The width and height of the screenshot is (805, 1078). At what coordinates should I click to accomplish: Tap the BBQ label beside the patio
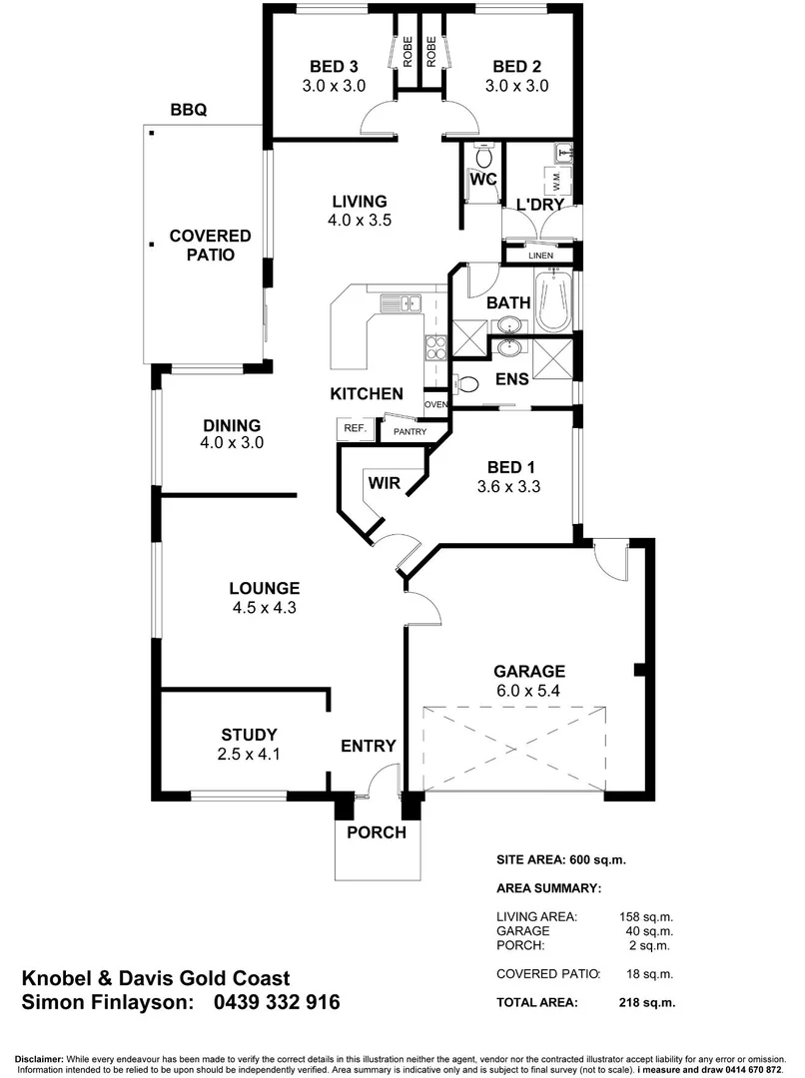pos(188,111)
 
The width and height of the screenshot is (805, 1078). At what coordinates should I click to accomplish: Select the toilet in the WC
pos(484,158)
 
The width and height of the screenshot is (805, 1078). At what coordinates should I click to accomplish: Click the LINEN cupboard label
pos(540,256)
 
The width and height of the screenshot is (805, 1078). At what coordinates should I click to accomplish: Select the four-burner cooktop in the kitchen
pos(436,348)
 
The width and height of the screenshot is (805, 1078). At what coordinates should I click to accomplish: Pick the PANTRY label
pos(410,432)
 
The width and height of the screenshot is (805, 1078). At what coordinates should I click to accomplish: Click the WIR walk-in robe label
pos(385,483)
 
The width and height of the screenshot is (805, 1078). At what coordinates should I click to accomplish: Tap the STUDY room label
pos(250,735)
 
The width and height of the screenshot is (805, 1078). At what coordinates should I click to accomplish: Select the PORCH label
pos(376,832)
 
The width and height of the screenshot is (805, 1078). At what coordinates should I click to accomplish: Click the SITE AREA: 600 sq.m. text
pos(561,859)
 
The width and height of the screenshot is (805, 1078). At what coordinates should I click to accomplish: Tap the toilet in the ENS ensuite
pos(466,382)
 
